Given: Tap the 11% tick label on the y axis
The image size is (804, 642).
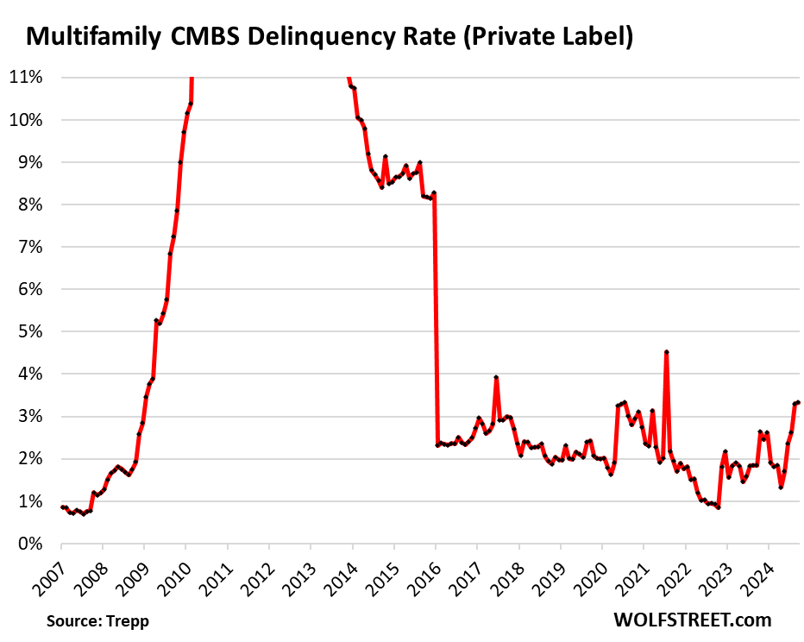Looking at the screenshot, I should (x=26, y=77).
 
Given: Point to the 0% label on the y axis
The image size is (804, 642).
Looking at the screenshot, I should (x=29, y=544).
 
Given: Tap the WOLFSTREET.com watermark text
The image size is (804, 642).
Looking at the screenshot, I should (x=692, y=619).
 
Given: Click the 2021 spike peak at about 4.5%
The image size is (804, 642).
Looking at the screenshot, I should (x=667, y=352).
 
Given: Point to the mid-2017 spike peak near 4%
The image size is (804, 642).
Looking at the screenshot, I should (x=496, y=377).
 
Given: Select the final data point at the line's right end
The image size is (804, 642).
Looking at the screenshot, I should (x=798, y=402).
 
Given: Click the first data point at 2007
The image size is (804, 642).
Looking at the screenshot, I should (x=62, y=507).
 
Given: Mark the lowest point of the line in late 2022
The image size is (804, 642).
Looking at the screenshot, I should (x=718, y=507).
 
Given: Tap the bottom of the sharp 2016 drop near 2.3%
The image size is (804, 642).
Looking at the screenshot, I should (x=437, y=445).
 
